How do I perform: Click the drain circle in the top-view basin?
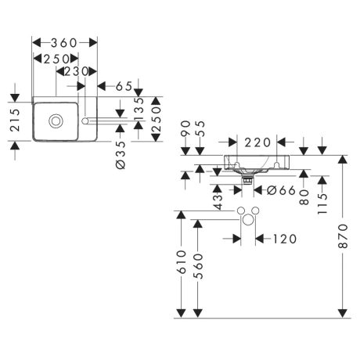coord(55,121)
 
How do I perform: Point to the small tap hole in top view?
coord(87,121)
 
